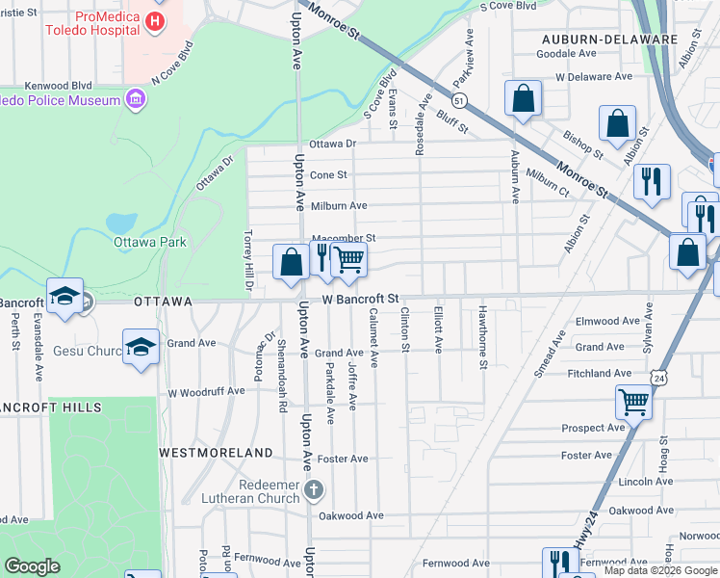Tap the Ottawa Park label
(x=146, y=242)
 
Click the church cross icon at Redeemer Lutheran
(x=312, y=490)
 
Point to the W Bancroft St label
(x=360, y=301)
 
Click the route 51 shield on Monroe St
(x=460, y=100)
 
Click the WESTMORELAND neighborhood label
(x=216, y=452)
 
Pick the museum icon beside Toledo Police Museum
(x=136, y=98)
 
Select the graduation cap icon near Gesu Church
(x=141, y=346)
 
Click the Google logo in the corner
(x=33, y=565)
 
